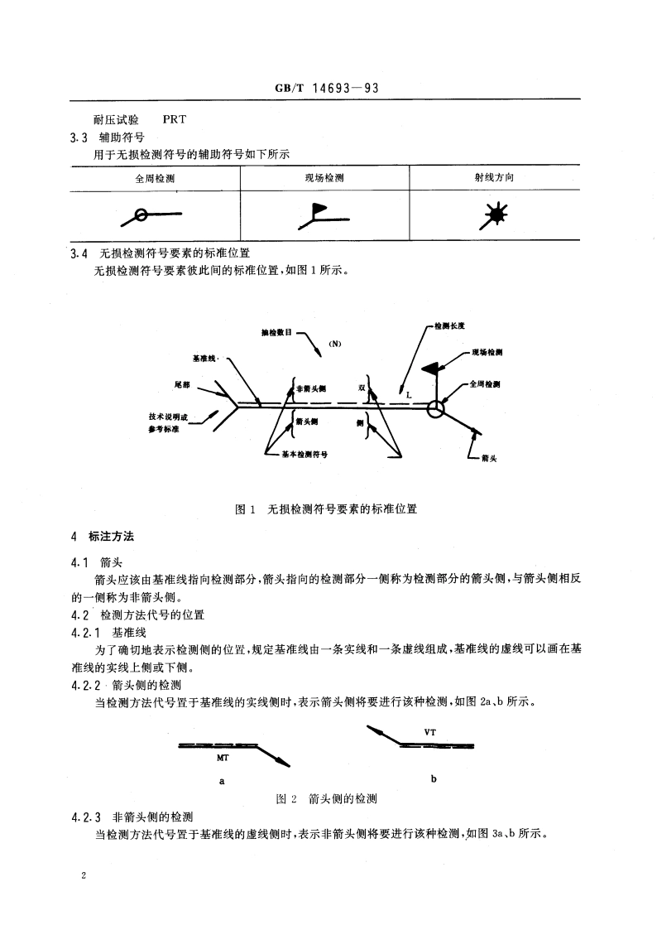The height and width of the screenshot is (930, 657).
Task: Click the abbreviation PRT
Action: (175, 118)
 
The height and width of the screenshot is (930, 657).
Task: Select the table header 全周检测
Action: (156, 178)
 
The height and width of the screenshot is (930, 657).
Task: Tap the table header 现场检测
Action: (324, 178)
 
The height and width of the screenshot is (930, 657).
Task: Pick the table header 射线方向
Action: (494, 178)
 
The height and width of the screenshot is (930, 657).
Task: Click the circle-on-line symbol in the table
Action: (141, 215)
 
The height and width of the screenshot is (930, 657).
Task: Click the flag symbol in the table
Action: (319, 214)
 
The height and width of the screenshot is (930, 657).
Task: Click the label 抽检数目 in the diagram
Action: (276, 334)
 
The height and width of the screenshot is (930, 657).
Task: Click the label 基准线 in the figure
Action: (204, 358)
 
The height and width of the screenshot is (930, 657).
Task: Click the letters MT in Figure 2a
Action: (223, 758)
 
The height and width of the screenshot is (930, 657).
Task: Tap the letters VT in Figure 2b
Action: (429, 732)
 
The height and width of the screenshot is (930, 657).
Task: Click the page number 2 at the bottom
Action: (85, 875)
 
